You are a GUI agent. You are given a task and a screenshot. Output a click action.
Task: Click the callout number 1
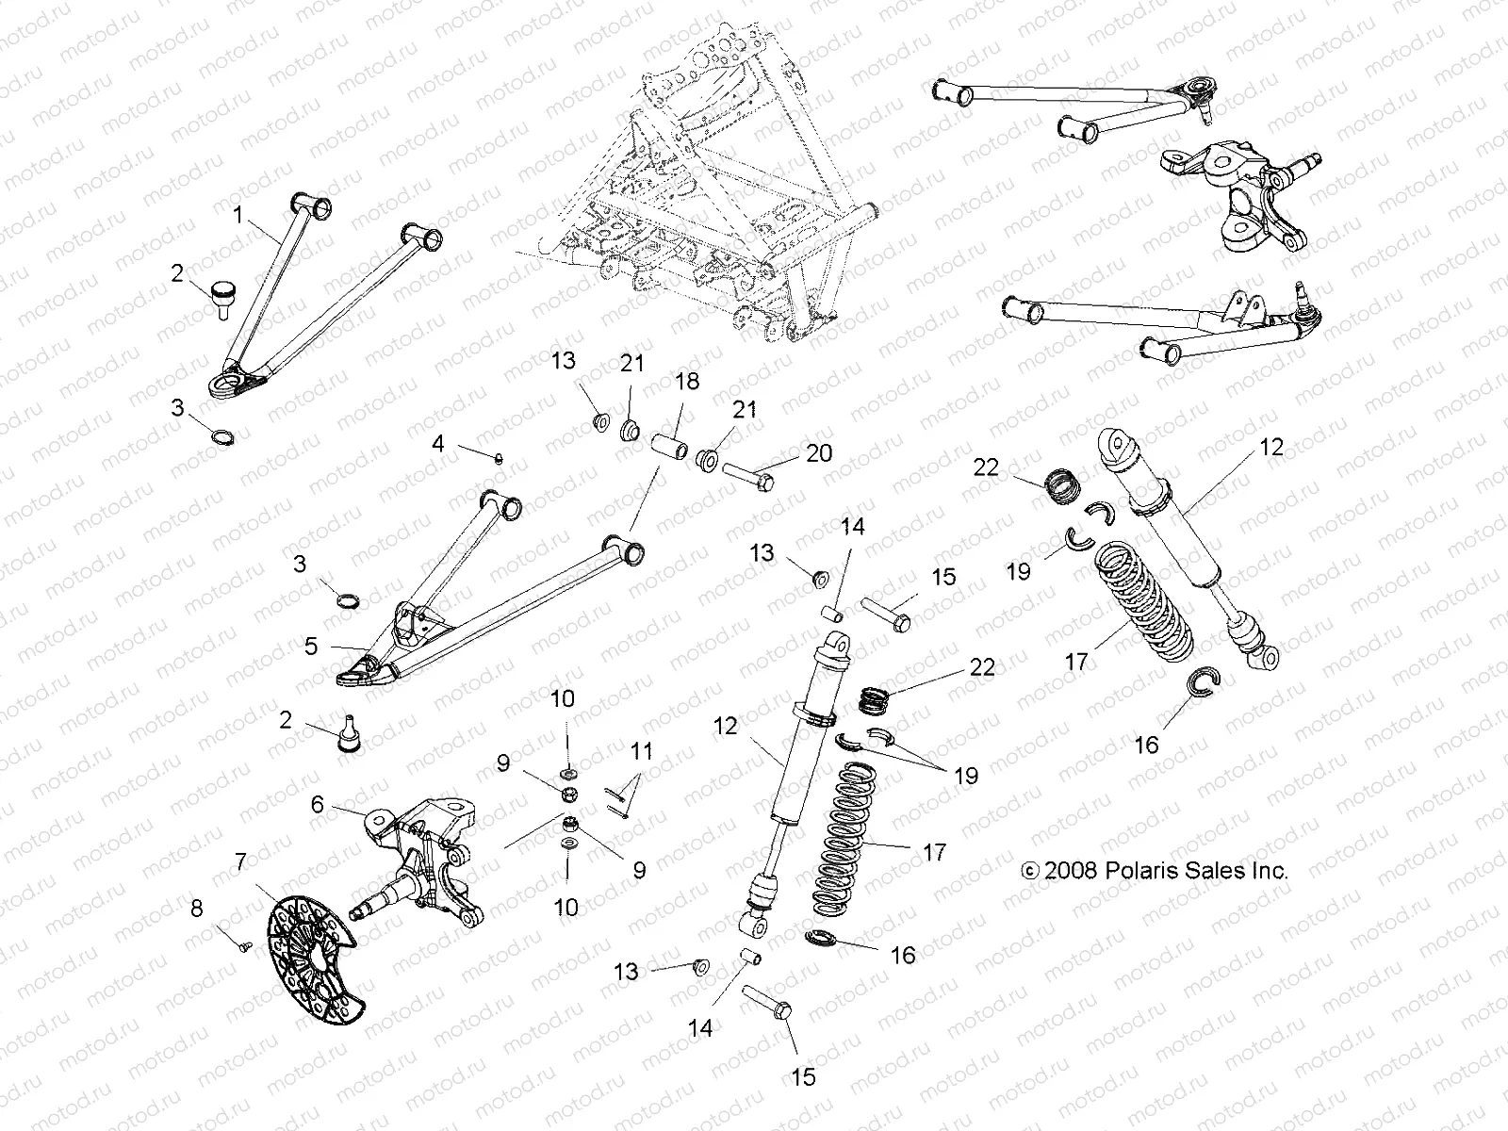point(238,217)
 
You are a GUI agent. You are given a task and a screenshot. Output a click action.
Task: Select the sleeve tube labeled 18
point(667,444)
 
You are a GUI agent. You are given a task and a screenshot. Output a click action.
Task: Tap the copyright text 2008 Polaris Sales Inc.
point(1155,871)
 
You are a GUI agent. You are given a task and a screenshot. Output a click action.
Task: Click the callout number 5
point(311,647)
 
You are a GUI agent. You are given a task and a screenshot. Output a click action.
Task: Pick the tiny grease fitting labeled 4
point(500,458)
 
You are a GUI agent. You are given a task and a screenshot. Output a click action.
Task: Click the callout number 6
point(317,804)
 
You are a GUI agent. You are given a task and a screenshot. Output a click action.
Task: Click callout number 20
point(818,453)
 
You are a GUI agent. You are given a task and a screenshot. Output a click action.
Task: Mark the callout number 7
point(240,861)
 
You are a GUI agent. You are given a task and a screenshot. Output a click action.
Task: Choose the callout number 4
point(437,443)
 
